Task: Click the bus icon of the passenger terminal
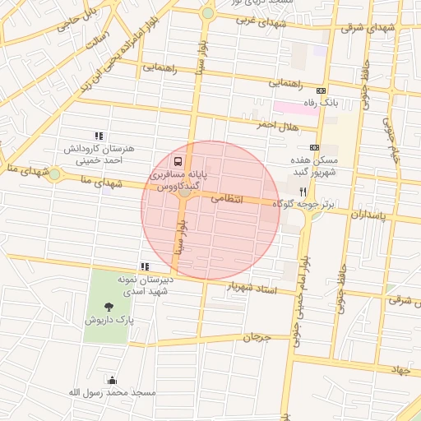[178, 161]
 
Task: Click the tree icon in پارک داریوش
[110, 307]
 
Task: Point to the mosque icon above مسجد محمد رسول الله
[112, 380]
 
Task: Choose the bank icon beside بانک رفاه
[321, 90]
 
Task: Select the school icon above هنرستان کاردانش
[99, 136]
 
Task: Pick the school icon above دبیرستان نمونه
[145, 266]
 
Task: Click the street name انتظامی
[228, 198]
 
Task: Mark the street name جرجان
[257, 337]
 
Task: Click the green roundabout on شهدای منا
[54, 174]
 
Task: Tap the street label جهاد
[401, 370]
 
